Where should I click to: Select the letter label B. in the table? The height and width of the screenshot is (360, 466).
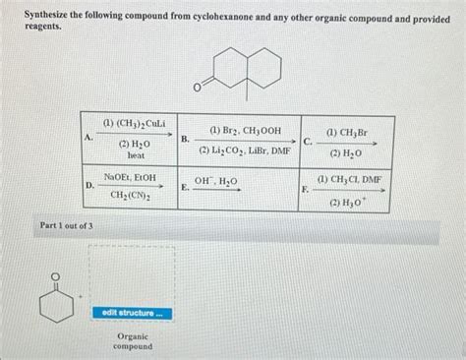pos(186,141)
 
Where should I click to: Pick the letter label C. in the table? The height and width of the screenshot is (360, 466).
pos(308,141)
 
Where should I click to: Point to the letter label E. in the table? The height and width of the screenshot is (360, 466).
pos(186,185)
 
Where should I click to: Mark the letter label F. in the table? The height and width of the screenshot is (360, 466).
pos(308,186)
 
